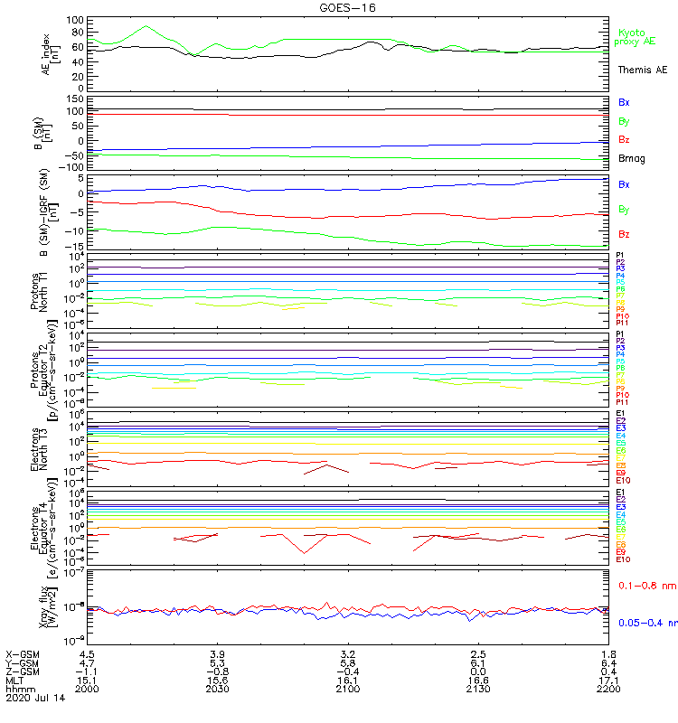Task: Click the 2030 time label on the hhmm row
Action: click(x=217, y=689)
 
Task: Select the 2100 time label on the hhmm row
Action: click(x=348, y=689)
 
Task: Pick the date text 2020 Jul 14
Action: click(x=36, y=698)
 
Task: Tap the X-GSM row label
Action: click(x=24, y=653)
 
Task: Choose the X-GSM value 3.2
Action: click(x=348, y=653)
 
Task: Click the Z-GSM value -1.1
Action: click(x=87, y=671)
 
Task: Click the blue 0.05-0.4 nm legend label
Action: click(x=645, y=622)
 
